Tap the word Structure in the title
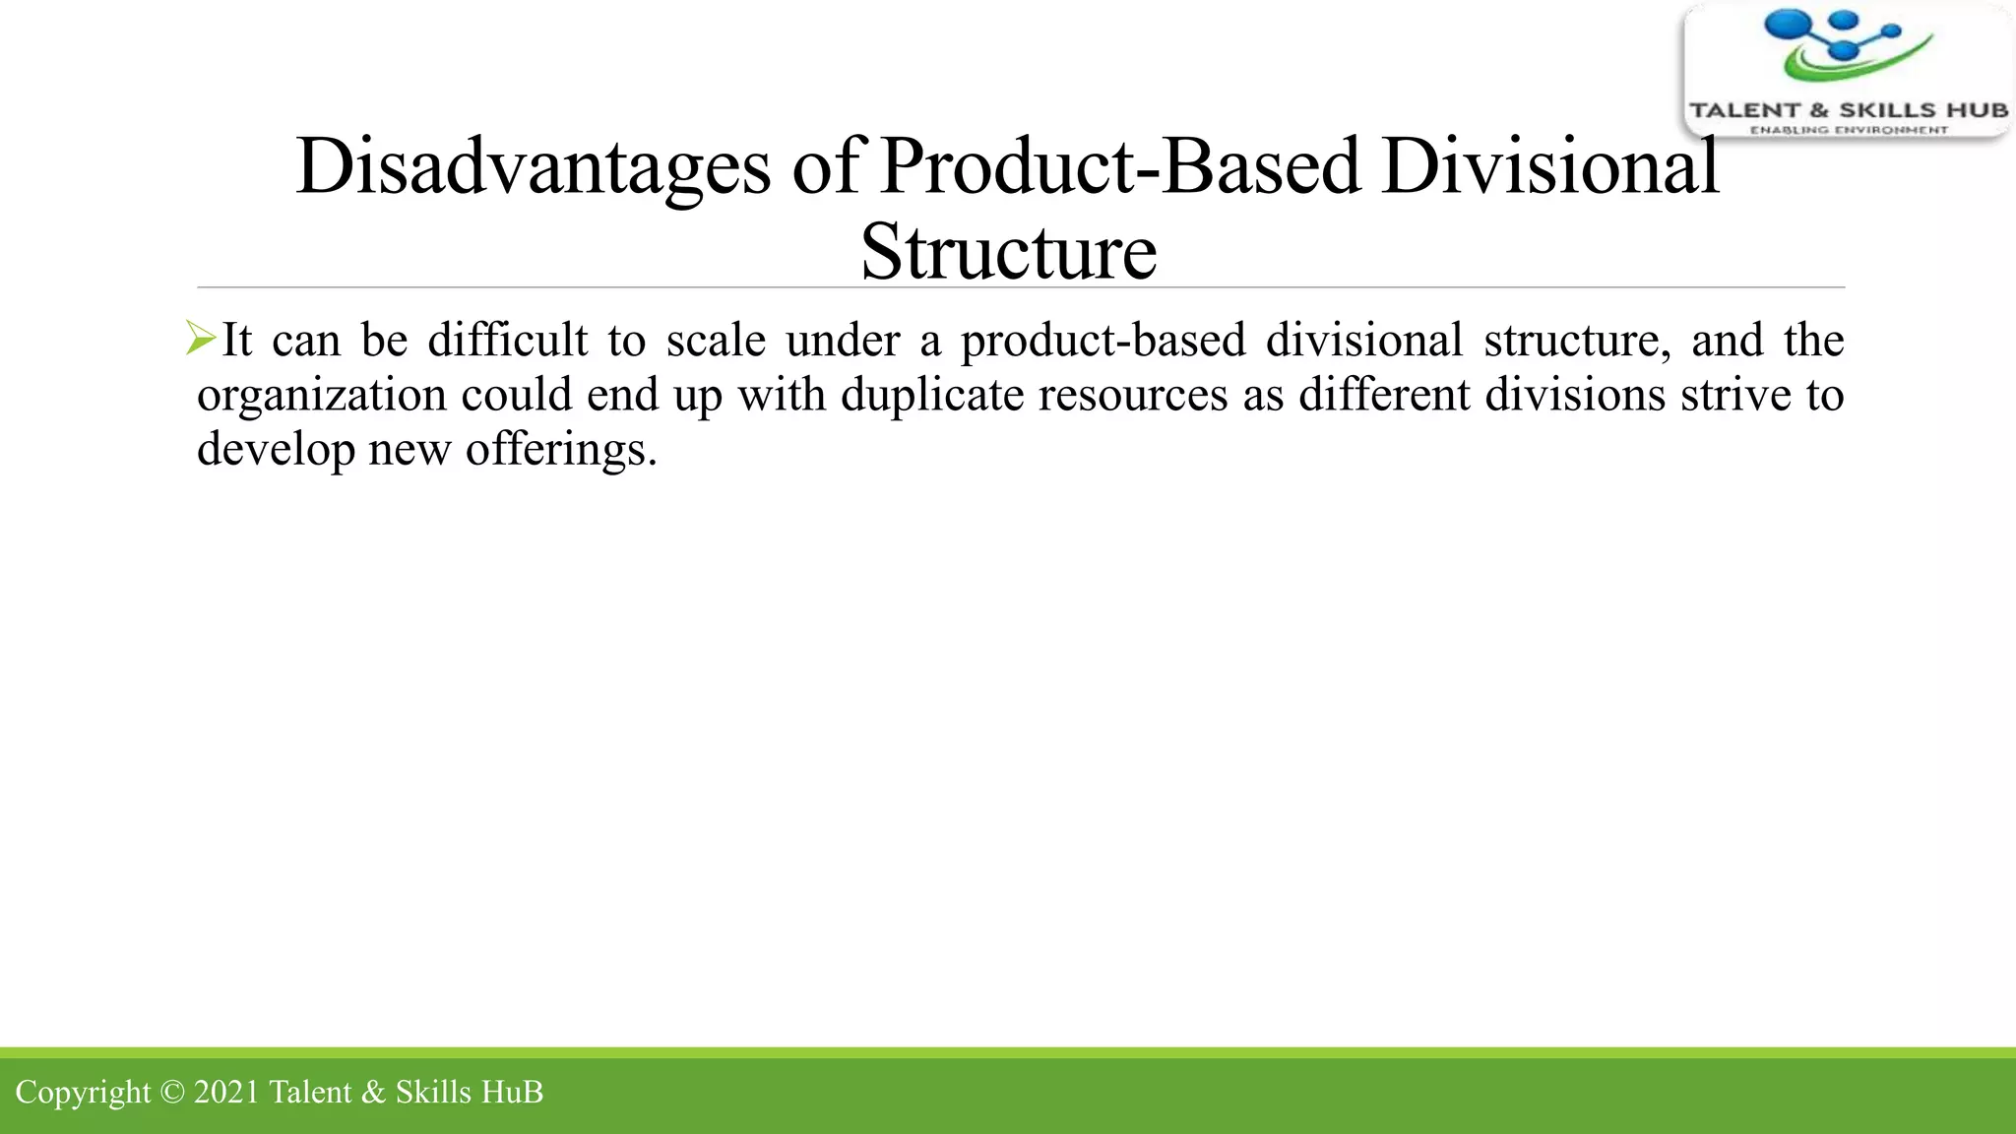pyautogui.click(x=1008, y=252)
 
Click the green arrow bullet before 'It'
pyautogui.click(x=201, y=339)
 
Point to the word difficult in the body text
pyautogui.click(x=507, y=340)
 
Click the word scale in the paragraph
pyautogui.click(x=716, y=340)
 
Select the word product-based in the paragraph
pyautogui.click(x=1102, y=342)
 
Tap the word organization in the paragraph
pyautogui.click(x=322, y=396)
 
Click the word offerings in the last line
pyautogui.click(x=560, y=450)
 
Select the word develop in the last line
pyautogui.click(x=276, y=450)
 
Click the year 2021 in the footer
pyautogui.click(x=226, y=1092)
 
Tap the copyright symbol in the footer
pyautogui.click(x=171, y=1092)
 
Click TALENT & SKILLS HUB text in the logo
pyautogui.click(x=1849, y=110)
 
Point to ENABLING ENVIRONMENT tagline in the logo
pyautogui.click(x=1849, y=130)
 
